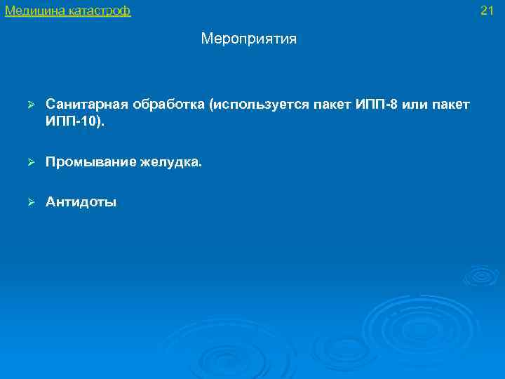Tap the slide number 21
(487, 11)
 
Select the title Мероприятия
(248, 39)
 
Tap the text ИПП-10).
(74, 121)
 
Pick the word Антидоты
(81, 202)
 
